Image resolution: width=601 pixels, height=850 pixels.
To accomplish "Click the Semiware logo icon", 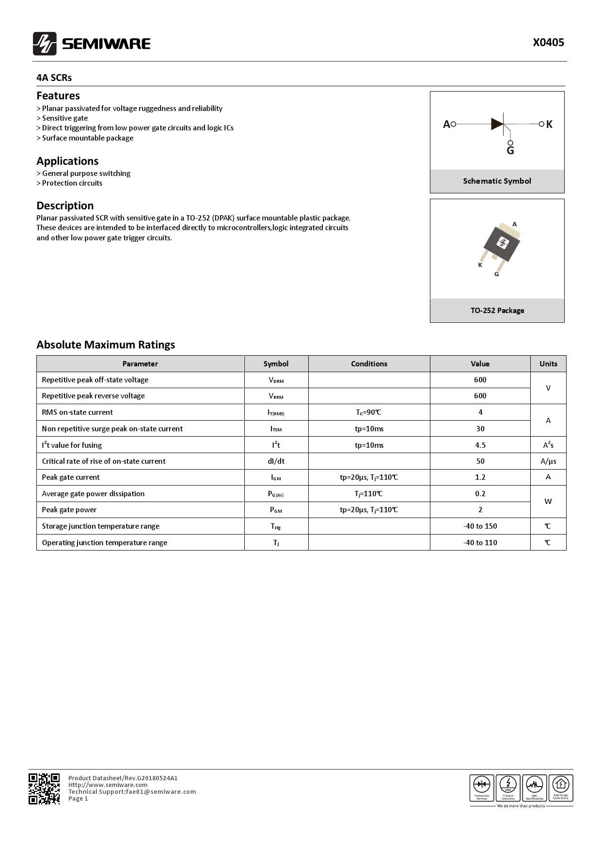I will click(x=45, y=44).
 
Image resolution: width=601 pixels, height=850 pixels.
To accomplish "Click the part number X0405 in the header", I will click(x=548, y=43).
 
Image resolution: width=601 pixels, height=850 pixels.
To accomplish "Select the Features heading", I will click(x=58, y=95).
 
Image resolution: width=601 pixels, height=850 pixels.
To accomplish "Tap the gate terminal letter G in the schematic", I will click(x=510, y=151).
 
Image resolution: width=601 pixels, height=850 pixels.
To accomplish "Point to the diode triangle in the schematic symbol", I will click(x=497, y=124).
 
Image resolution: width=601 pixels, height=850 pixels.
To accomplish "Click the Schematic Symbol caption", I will click(x=497, y=181).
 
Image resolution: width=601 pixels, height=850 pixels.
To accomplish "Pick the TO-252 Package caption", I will click(x=497, y=310).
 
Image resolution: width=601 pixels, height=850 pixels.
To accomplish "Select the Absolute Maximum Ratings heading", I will click(x=106, y=345).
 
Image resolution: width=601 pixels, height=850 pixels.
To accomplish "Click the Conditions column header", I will click(x=369, y=364).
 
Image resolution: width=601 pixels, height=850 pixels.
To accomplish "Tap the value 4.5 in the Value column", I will click(x=480, y=445).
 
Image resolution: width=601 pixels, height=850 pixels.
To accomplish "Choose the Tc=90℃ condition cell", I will click(x=369, y=412).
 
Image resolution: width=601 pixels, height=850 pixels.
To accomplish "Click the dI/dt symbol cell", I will click(x=276, y=461).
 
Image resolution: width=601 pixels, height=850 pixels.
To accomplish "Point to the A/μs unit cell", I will click(x=548, y=461).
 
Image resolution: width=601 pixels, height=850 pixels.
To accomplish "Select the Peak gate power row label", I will click(x=69, y=510).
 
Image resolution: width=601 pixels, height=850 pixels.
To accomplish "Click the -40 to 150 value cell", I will click(x=480, y=526).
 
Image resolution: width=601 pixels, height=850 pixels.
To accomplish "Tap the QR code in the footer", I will click(x=44, y=788).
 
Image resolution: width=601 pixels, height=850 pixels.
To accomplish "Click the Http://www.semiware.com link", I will click(x=108, y=785).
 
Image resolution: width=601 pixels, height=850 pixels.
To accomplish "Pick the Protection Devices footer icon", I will click(x=482, y=787).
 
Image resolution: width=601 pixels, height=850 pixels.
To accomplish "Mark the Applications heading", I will click(x=67, y=161).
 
